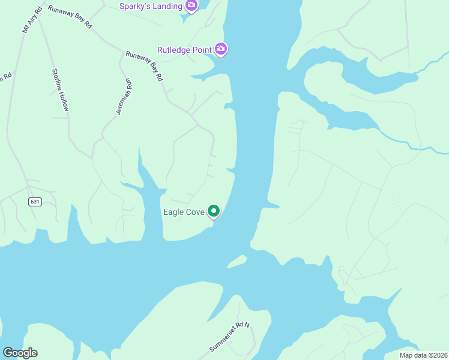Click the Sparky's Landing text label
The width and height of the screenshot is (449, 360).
150,6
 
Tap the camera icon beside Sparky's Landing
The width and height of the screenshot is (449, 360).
191,6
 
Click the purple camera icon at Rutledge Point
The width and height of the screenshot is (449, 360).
221,49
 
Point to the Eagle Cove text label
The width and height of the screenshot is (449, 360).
184,212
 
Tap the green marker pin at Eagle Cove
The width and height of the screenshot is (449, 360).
213,211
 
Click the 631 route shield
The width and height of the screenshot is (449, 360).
34,202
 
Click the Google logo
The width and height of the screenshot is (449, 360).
20,353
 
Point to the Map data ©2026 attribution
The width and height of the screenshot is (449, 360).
424,355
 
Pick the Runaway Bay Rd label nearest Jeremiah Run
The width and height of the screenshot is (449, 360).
145,66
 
